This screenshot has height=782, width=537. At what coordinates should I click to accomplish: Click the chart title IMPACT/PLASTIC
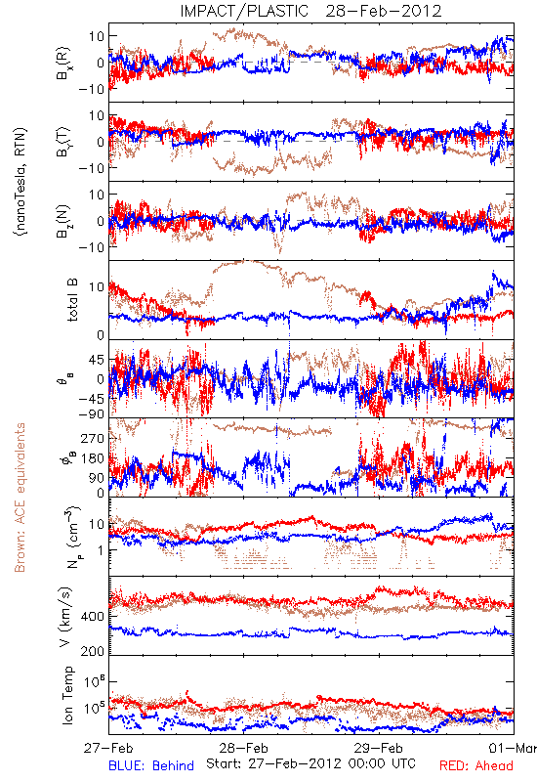tap(244, 11)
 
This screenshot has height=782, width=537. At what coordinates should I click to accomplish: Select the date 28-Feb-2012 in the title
tap(384, 11)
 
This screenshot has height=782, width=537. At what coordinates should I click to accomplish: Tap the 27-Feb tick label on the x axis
tap(108, 748)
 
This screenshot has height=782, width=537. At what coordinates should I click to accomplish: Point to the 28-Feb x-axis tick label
tap(243, 748)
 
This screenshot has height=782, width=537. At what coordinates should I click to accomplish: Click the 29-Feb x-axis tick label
tap(379, 748)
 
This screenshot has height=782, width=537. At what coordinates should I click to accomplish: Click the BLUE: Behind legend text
tap(151, 765)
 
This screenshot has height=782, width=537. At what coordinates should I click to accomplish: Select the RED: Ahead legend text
tap(476, 765)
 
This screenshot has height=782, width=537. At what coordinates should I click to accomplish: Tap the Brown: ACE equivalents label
tap(20, 498)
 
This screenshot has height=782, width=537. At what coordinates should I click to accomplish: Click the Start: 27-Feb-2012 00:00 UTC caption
tap(310, 763)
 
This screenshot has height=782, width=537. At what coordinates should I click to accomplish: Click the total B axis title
tap(72, 300)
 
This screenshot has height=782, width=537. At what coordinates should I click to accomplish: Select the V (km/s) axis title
tap(65, 617)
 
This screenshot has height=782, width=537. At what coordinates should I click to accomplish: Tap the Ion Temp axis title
tap(67, 695)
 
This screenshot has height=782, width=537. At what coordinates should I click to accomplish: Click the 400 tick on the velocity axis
tap(93, 617)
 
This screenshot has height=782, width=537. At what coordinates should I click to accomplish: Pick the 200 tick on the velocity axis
tap(93, 651)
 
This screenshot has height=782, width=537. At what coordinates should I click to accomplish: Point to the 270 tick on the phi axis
tap(93, 438)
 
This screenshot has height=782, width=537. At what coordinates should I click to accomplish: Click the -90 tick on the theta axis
tap(91, 414)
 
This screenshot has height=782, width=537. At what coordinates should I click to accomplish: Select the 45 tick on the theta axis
tap(97, 360)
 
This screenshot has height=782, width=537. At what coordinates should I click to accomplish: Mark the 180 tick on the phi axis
tap(93, 458)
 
